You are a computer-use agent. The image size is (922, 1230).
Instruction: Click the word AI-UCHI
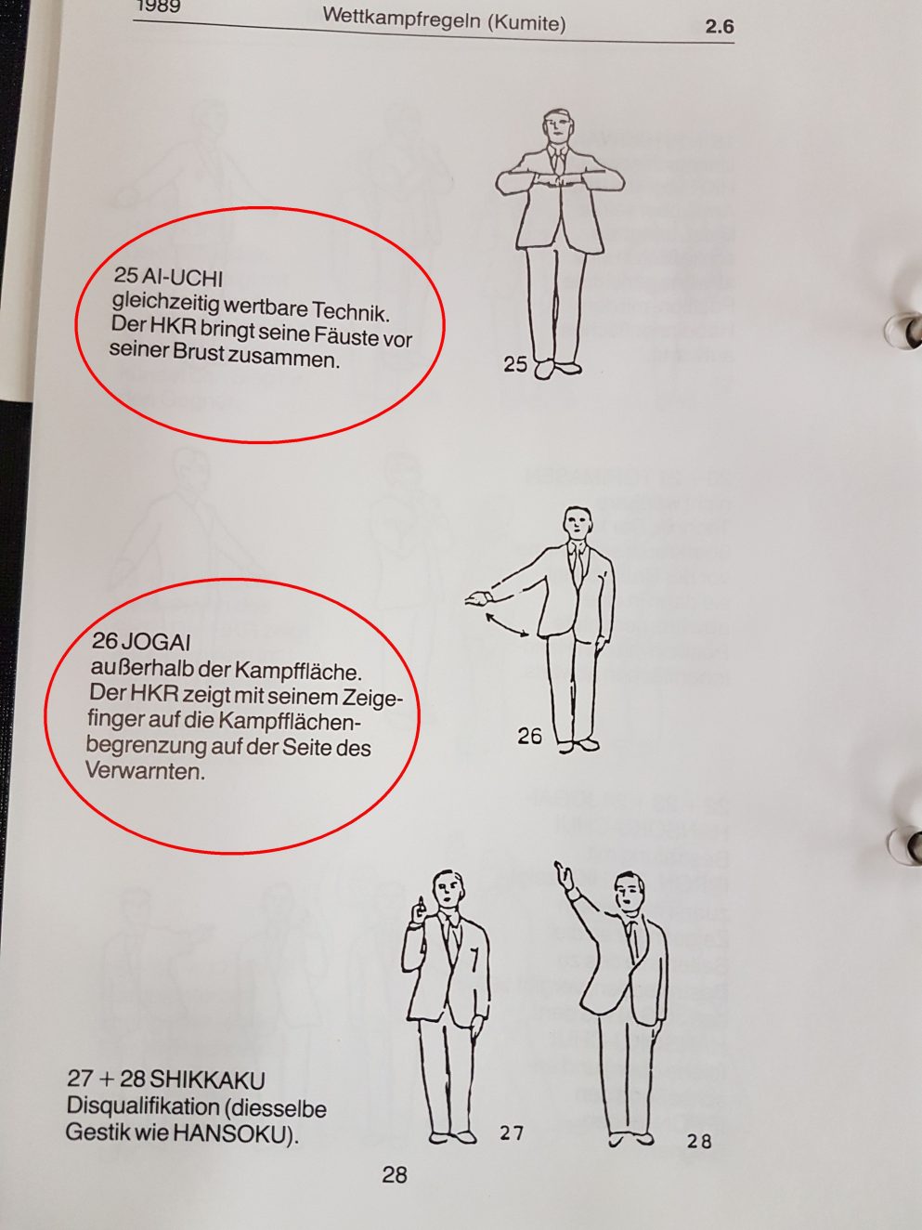184,277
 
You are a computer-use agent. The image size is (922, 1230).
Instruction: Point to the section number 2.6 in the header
720,27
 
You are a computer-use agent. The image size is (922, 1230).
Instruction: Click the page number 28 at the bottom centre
395,1174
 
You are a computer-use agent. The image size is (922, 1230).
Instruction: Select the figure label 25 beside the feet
515,364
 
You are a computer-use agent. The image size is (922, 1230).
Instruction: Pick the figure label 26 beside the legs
529,735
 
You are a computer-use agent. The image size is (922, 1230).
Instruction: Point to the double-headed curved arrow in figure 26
507,626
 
